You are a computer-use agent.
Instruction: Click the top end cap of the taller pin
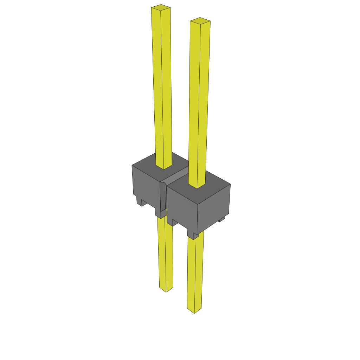(161, 7)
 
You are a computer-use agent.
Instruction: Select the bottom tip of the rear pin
(166, 290)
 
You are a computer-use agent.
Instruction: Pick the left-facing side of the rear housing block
(146, 186)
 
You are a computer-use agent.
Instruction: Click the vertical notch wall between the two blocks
(163, 197)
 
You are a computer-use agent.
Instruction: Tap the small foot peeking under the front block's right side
(221, 220)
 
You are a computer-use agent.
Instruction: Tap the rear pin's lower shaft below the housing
(165, 253)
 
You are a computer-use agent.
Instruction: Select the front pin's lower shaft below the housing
(195, 274)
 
